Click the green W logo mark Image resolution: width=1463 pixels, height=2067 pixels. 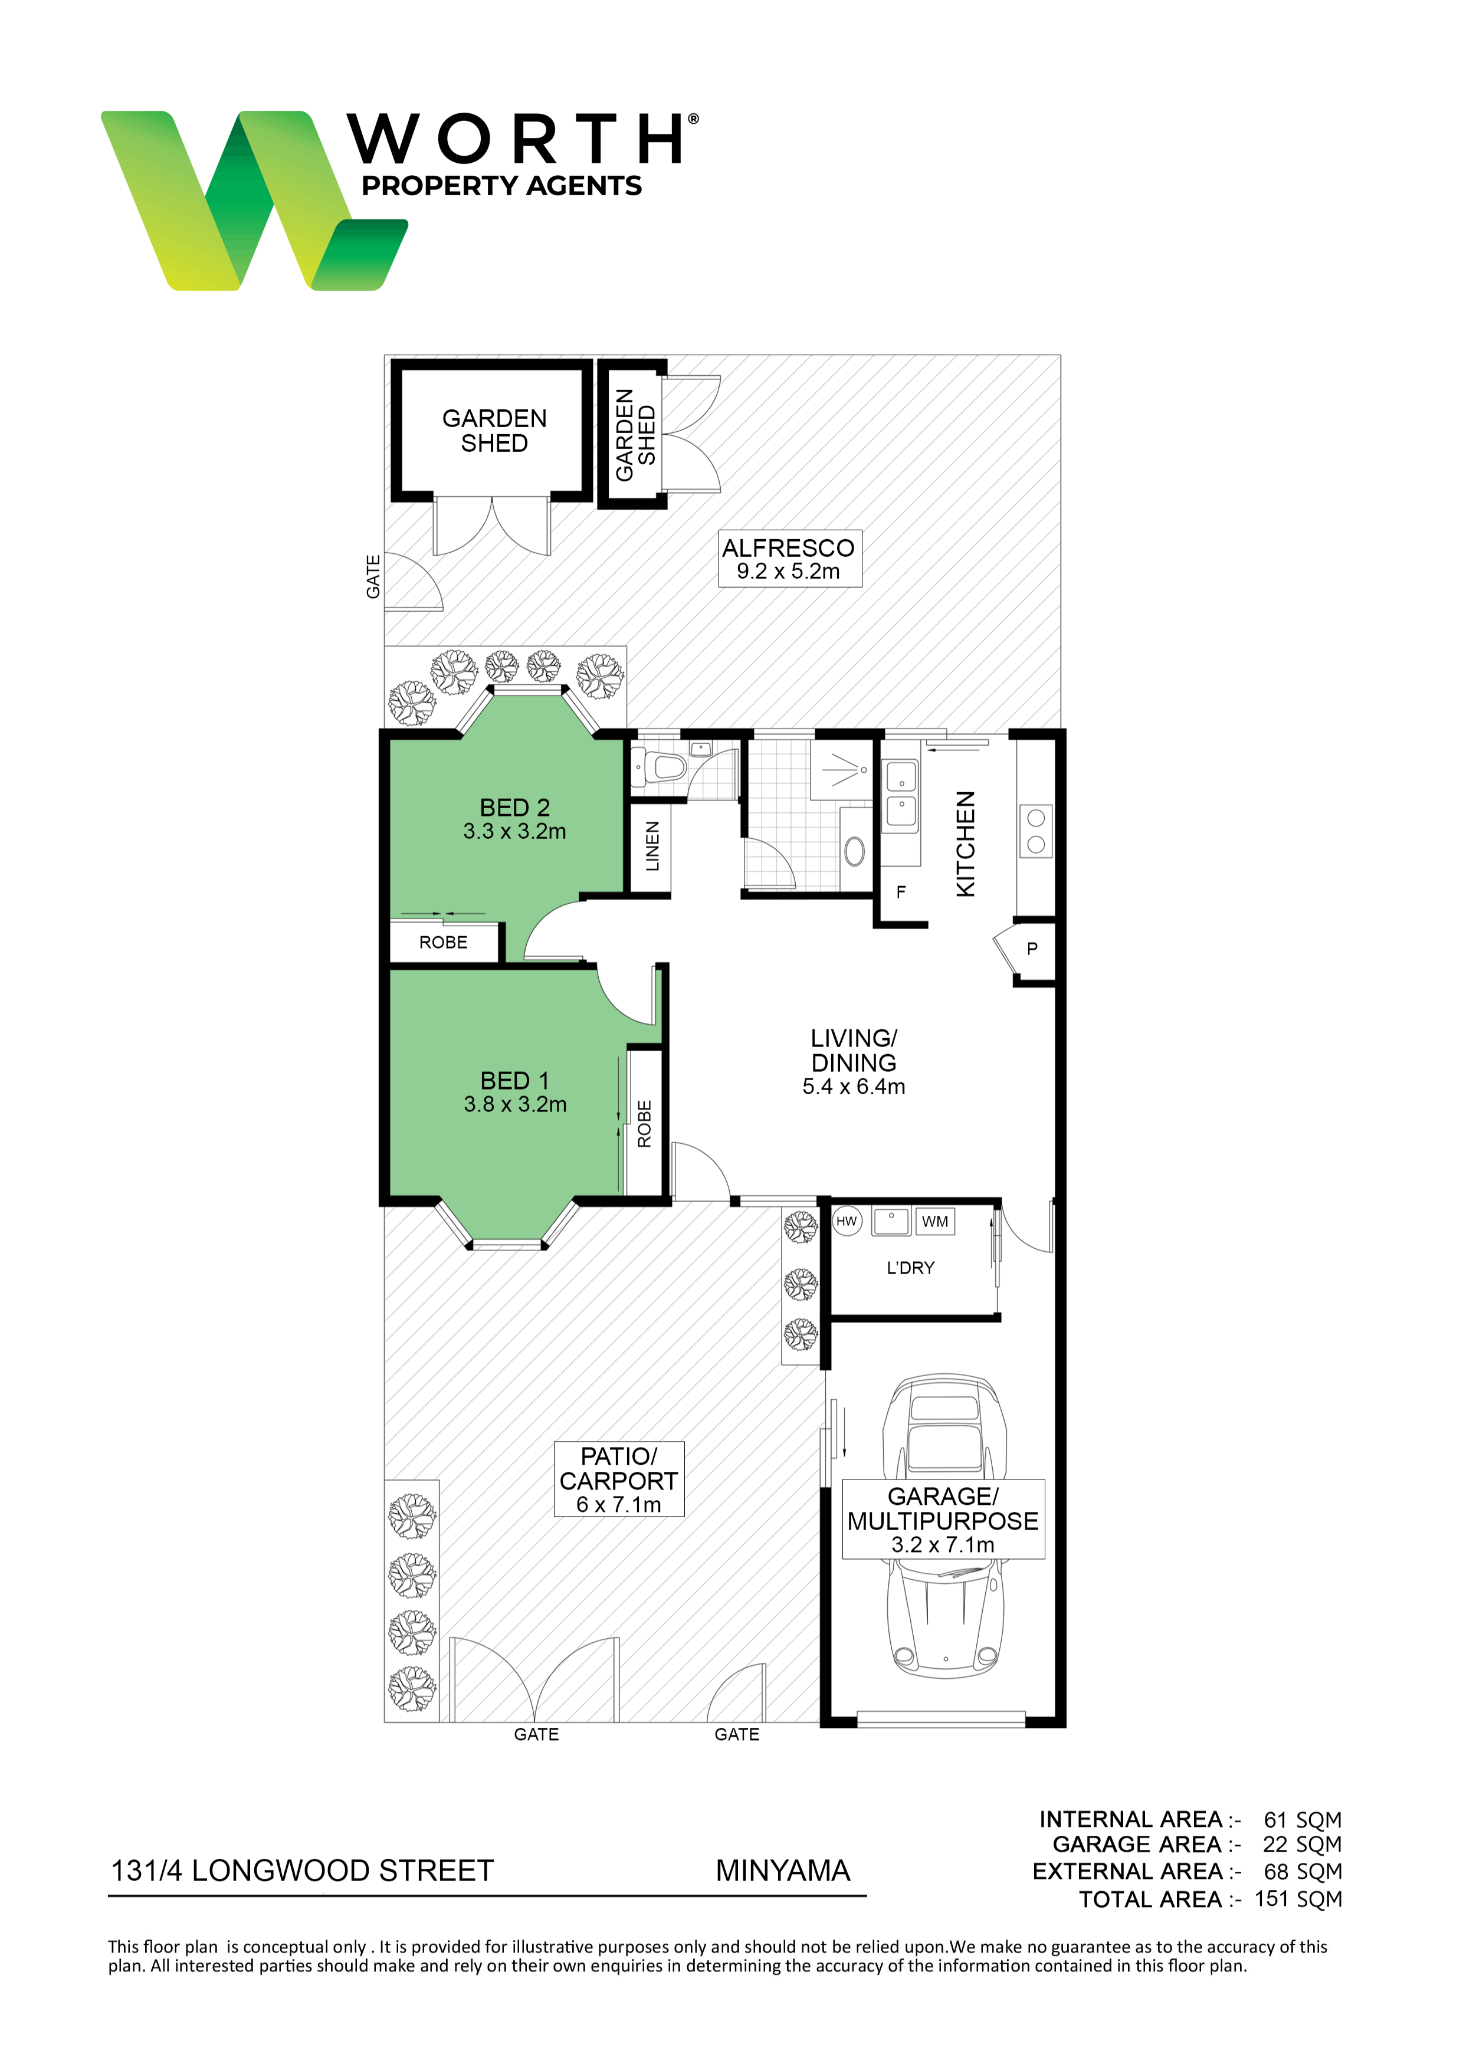click(x=254, y=200)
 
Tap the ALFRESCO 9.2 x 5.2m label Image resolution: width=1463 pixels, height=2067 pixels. click(x=789, y=559)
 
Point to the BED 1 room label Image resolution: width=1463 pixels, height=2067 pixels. click(x=514, y=1091)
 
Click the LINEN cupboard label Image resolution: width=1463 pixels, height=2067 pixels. click(x=652, y=846)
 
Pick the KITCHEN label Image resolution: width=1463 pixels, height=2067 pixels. click(x=965, y=844)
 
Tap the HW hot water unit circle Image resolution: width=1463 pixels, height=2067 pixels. click(x=846, y=1221)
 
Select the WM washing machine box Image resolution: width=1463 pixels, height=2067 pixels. click(x=934, y=1221)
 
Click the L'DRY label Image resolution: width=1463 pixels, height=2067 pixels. click(x=911, y=1268)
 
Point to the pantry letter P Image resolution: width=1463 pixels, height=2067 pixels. click(x=1032, y=949)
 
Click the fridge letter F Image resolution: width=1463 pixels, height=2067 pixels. click(x=901, y=893)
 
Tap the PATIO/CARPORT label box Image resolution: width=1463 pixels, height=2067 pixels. click(x=619, y=1480)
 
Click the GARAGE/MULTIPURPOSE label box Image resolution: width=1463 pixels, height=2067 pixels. click(x=943, y=1520)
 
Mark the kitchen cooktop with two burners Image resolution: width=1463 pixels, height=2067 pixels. click(x=1036, y=831)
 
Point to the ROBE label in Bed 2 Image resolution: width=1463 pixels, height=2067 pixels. click(x=443, y=942)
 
